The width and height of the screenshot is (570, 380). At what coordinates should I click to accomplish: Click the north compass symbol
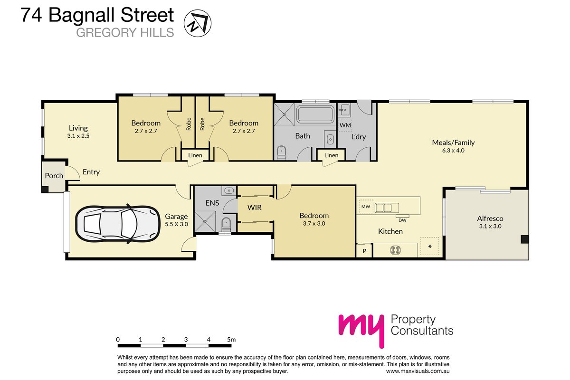click(198, 23)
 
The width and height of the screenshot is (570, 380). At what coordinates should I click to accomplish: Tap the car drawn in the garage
click(118, 224)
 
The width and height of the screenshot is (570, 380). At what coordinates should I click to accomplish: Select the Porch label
click(54, 176)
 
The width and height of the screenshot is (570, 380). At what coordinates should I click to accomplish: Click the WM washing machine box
click(345, 125)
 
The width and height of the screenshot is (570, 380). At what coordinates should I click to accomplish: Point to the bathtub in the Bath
click(316, 114)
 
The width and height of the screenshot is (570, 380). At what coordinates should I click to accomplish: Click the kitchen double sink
click(384, 208)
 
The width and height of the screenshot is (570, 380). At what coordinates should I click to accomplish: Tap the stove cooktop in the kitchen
click(395, 250)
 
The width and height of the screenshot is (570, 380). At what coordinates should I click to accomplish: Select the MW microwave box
click(366, 207)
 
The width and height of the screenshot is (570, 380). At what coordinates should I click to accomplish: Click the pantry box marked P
click(364, 250)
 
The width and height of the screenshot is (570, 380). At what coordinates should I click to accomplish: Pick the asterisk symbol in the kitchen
click(430, 246)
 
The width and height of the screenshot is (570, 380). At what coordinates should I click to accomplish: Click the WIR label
click(254, 208)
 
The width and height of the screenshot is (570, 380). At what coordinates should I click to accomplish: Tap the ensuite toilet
click(226, 225)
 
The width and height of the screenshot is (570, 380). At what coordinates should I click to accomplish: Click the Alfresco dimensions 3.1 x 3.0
click(490, 226)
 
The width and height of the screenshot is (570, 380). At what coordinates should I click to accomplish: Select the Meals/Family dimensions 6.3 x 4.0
click(453, 151)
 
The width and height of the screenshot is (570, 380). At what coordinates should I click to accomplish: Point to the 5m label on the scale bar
click(231, 339)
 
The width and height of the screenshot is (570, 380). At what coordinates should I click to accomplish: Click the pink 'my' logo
click(361, 330)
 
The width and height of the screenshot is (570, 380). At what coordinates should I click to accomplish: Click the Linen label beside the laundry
click(331, 155)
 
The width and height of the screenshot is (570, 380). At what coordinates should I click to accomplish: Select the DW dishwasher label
click(402, 220)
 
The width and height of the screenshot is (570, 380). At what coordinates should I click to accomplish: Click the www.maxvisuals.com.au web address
click(418, 371)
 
